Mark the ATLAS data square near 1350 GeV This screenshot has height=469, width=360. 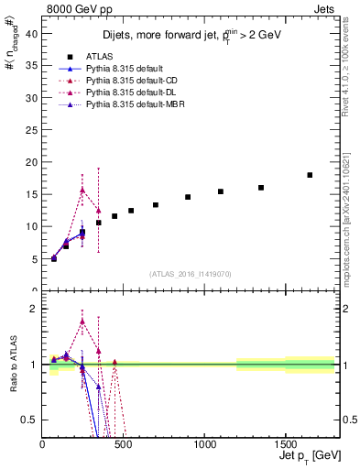pyautogui.click(x=261, y=188)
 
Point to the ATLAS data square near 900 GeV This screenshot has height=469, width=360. pyautogui.click(x=188, y=197)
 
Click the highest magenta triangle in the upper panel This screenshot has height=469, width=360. pyautogui.click(x=82, y=190)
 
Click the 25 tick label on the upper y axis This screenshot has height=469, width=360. pyautogui.click(x=35, y=129)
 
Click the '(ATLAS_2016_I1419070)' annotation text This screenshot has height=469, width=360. pyautogui.click(x=190, y=273)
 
